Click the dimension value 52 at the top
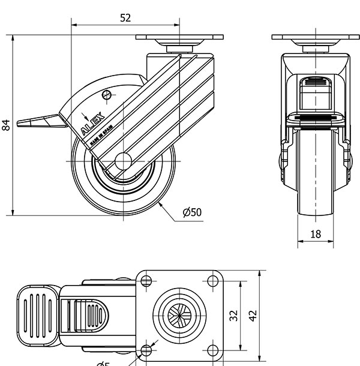tap(125, 18)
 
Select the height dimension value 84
tap(7, 125)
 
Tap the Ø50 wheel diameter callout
tap(192, 212)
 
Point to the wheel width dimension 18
tap(316, 234)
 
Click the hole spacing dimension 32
tap(235, 314)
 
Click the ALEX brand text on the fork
tap(92, 122)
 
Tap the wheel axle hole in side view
tap(122, 161)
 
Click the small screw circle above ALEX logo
tap(107, 94)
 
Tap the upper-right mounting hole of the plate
tap(212, 280)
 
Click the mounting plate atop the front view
tap(316, 37)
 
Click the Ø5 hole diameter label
tap(103, 363)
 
